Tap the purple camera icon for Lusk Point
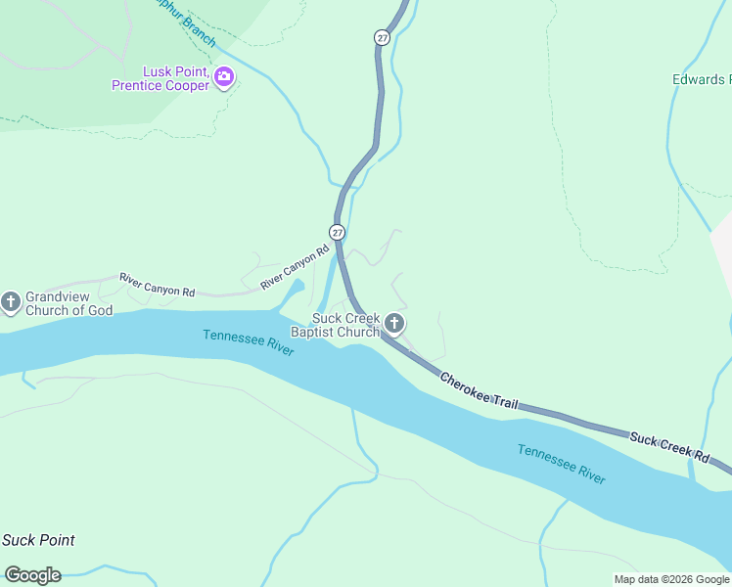tap(224, 76)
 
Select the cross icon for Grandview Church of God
tap(11, 302)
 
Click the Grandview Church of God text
tap(69, 303)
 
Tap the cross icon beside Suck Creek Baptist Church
tap(393, 324)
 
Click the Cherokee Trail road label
tap(479, 391)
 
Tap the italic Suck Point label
tap(38, 540)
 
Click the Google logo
tap(32, 575)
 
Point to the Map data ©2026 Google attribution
tap(671, 579)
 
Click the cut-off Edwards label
tap(701, 79)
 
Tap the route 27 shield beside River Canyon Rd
tap(337, 232)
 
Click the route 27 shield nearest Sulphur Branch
tap(381, 37)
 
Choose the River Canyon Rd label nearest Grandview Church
tap(158, 285)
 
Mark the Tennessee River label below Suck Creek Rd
tap(561, 463)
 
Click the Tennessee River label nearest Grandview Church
tap(249, 342)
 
